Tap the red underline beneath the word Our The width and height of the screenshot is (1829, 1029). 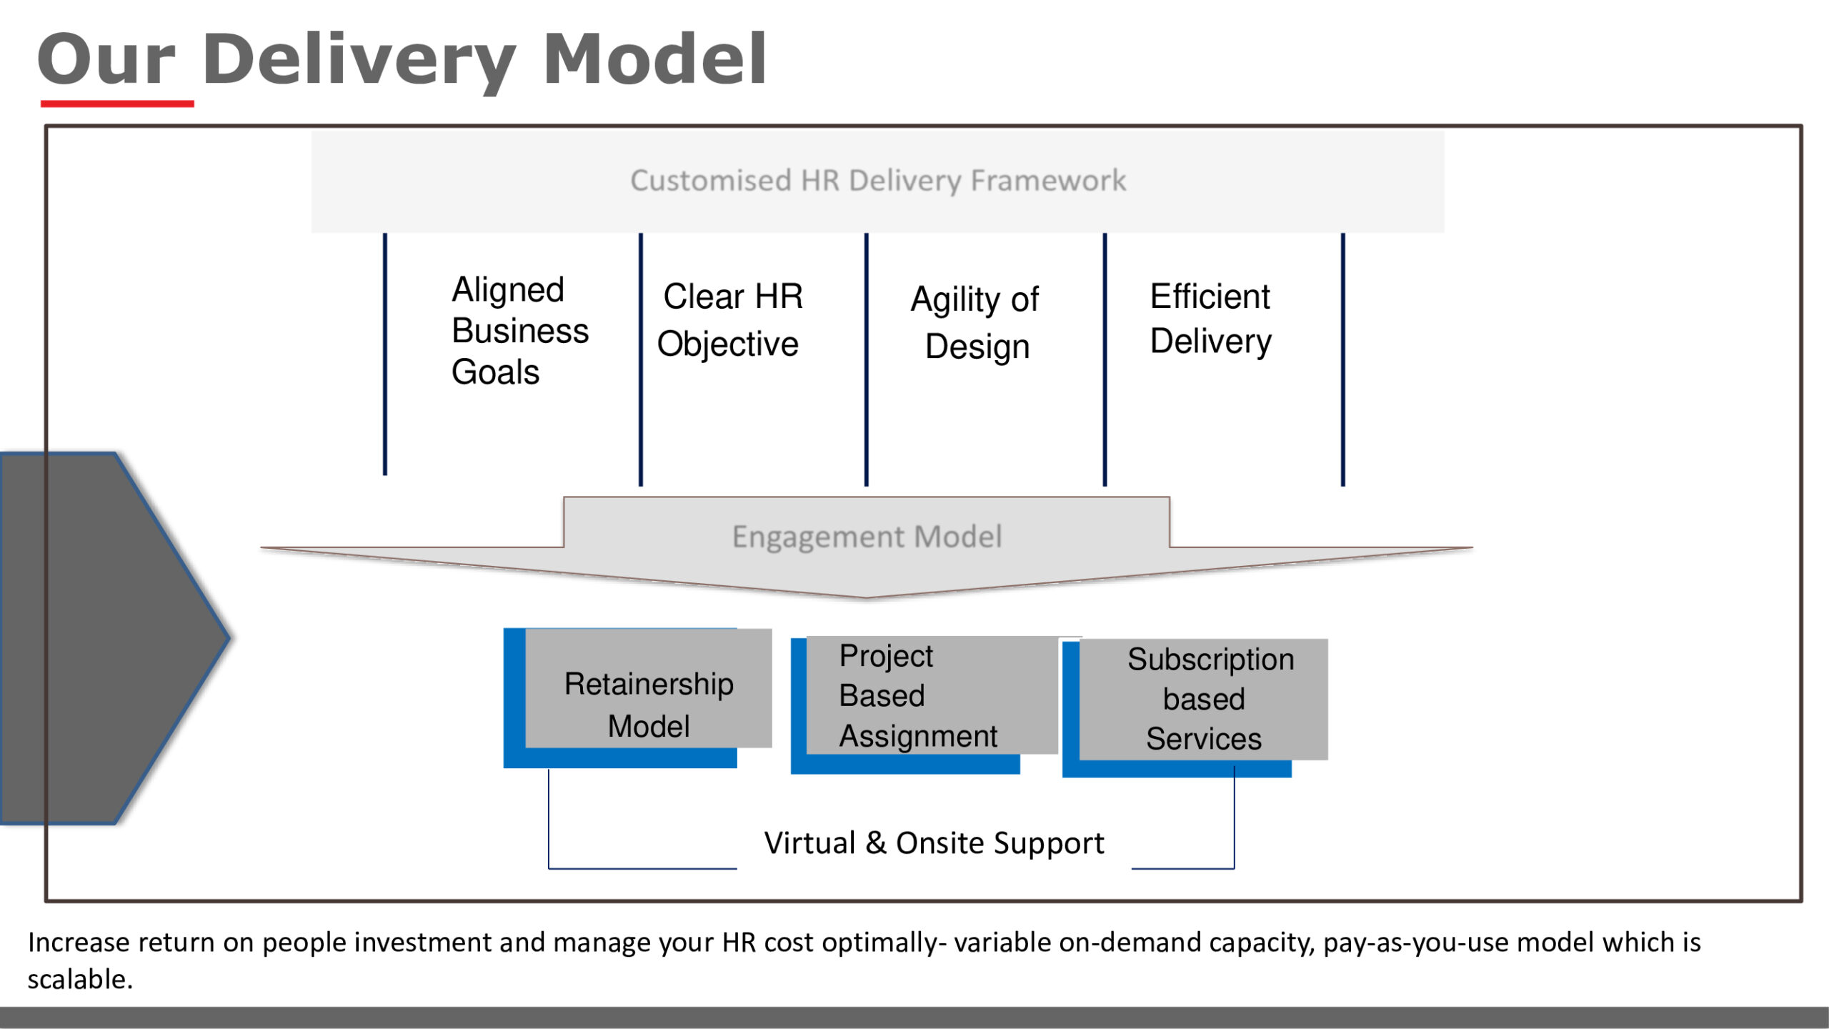(117, 104)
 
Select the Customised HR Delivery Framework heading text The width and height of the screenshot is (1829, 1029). (878, 181)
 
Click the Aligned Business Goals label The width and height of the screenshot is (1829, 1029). (520, 330)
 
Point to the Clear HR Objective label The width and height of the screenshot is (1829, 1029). (730, 319)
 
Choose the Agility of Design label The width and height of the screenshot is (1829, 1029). (975, 322)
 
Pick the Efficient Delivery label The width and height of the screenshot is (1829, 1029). (1211, 319)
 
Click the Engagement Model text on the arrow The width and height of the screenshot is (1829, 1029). (867, 537)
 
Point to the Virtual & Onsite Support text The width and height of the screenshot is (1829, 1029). (934, 844)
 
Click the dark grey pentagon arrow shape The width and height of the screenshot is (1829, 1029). (107, 638)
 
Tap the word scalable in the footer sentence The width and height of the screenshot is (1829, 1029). (80, 980)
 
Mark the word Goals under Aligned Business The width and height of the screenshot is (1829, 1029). (495, 372)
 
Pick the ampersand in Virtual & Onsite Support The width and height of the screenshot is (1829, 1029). (876, 843)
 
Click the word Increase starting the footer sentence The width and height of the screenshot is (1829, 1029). (78, 943)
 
